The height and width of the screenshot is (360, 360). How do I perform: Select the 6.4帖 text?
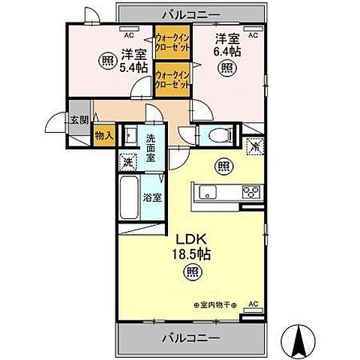227,52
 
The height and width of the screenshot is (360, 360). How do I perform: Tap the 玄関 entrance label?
79,119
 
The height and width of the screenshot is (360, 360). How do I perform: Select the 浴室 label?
152,198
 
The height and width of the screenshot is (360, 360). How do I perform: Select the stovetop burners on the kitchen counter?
250,192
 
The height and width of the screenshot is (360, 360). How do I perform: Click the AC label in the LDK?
253,304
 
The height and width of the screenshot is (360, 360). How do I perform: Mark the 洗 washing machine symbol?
127,160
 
